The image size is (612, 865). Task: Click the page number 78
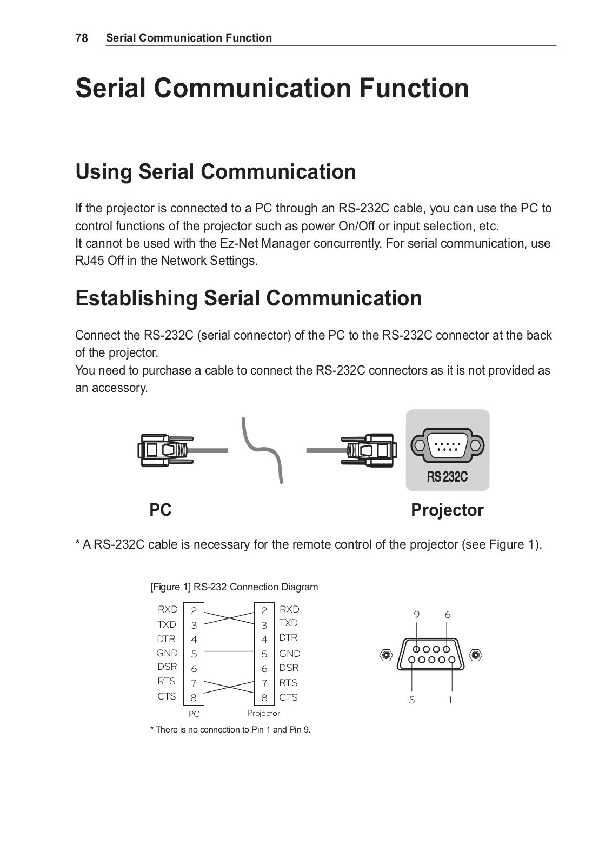pos(82,38)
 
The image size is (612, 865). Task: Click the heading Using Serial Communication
pos(216,172)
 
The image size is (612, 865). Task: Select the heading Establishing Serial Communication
pos(249,298)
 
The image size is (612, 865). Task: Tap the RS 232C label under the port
pos(447,477)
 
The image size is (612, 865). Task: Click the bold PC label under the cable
pos(160,510)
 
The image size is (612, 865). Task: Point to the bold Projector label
pos(447,510)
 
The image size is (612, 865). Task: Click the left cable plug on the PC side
pos(162,450)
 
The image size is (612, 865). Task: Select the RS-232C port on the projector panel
pos(447,445)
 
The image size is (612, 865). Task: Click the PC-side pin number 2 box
pos(194,611)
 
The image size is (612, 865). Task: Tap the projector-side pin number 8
pos(264,698)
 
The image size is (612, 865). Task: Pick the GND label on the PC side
pos(167,653)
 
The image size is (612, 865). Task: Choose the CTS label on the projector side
pos(288,697)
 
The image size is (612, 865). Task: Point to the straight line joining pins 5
pos(229,652)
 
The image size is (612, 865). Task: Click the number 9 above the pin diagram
pos(416,615)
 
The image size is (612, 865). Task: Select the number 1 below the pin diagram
pos(450,700)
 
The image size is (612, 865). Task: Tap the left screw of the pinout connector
pos(386,655)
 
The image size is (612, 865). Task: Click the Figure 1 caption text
pos(234,587)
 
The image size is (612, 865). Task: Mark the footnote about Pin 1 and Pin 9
pos(230,730)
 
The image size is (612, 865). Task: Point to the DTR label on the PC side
pos(167,638)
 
